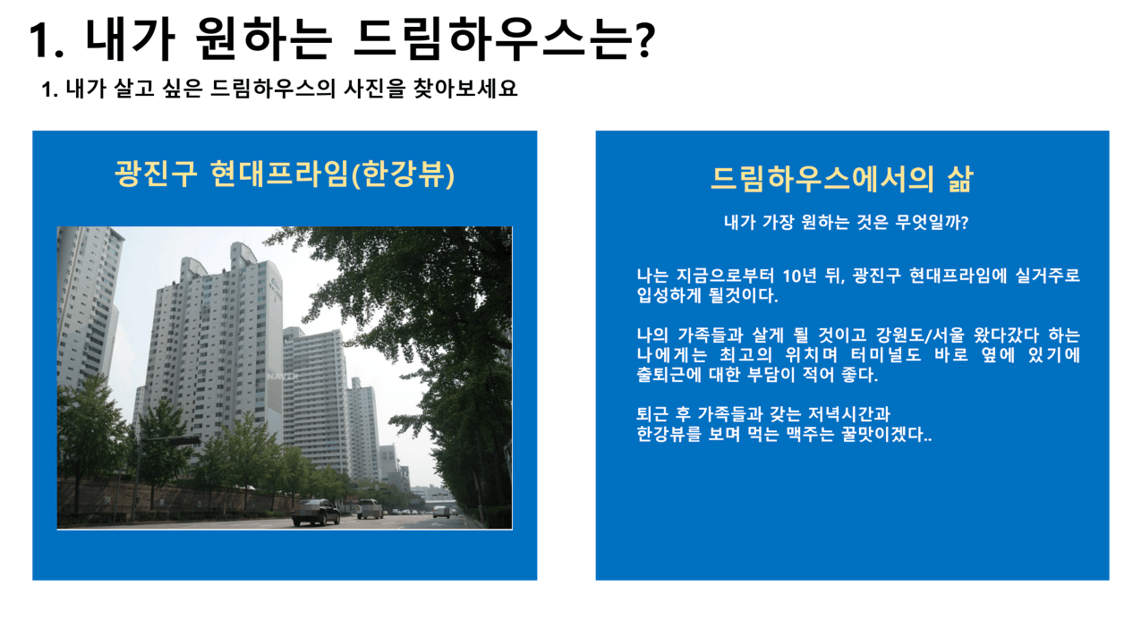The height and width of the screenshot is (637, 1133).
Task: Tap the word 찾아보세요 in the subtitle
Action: pyautogui.click(x=465, y=89)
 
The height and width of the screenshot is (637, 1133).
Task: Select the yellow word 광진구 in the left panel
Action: pyautogui.click(x=156, y=174)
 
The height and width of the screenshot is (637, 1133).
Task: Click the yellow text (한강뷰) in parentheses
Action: pyautogui.click(x=403, y=174)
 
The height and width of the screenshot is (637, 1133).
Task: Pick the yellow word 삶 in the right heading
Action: pyautogui.click(x=959, y=178)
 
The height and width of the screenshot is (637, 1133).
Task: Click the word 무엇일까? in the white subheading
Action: pyautogui.click(x=932, y=222)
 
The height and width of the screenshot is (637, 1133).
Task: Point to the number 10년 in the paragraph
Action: pyautogui.click(x=799, y=276)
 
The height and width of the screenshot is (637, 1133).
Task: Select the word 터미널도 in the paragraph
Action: pyautogui.click(x=886, y=354)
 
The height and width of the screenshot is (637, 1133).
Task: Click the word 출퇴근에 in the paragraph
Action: pyautogui.click(x=669, y=375)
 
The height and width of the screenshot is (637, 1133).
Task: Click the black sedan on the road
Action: pyautogui.click(x=316, y=512)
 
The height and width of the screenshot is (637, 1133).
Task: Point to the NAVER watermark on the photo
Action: pyautogui.click(x=283, y=377)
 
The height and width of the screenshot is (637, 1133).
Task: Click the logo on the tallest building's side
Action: pyautogui.click(x=276, y=288)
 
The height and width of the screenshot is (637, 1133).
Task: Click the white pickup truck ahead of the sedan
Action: pyautogui.click(x=371, y=508)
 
